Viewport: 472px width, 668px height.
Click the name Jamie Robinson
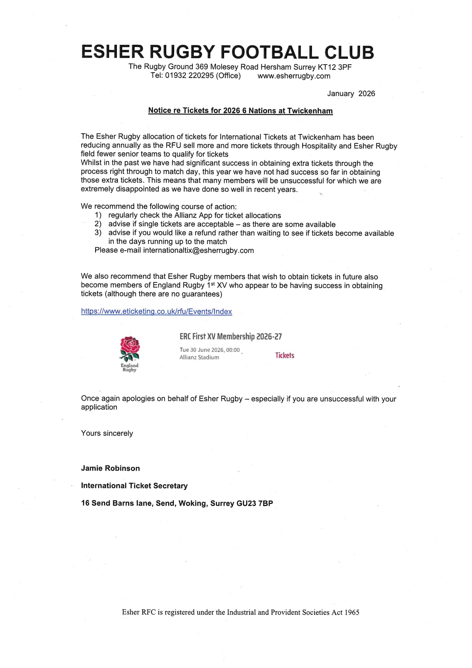click(110, 468)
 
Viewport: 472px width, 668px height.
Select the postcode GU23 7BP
click(255, 503)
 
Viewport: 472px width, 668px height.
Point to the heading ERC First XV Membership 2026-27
click(230, 337)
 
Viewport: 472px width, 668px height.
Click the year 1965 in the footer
click(352, 612)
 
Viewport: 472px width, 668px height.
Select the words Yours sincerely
click(107, 433)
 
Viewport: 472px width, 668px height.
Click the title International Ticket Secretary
click(134, 486)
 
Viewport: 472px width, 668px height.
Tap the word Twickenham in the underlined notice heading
click(310, 111)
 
